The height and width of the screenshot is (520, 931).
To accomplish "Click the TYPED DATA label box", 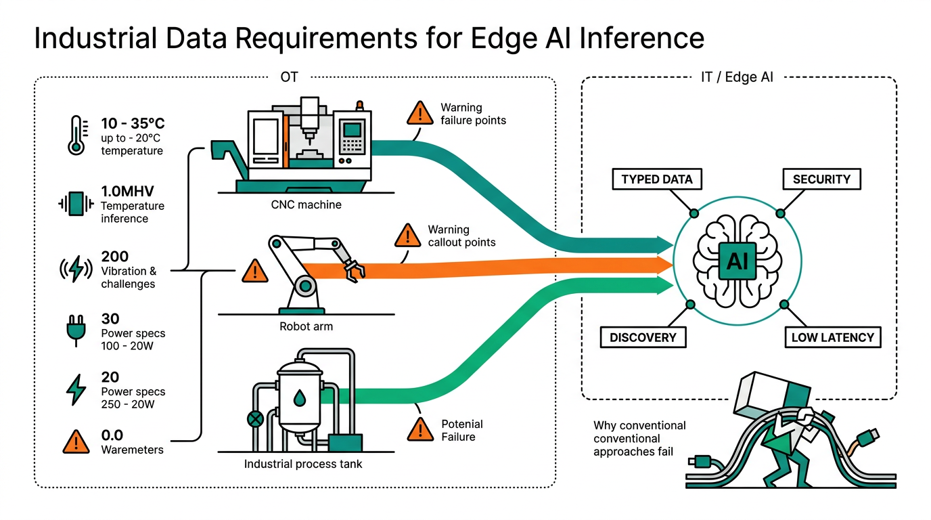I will coord(657,179).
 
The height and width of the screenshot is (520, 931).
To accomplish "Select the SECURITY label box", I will coord(821,179).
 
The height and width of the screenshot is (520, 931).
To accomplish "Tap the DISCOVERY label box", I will coord(643,337).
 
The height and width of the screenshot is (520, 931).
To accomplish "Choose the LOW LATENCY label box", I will coord(833,337).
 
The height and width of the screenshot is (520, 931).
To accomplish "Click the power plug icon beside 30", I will coord(75,328).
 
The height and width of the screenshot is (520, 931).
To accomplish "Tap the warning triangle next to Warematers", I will coord(76,442).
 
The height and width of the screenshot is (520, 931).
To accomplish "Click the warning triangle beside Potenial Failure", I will coord(421,429).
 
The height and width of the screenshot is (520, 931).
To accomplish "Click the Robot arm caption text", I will coord(306,326).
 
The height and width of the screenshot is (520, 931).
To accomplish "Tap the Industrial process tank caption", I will coord(303,464).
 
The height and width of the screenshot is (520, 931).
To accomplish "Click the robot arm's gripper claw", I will coord(353,269).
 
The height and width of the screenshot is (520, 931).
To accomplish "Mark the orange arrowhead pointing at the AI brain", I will coord(664,264).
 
